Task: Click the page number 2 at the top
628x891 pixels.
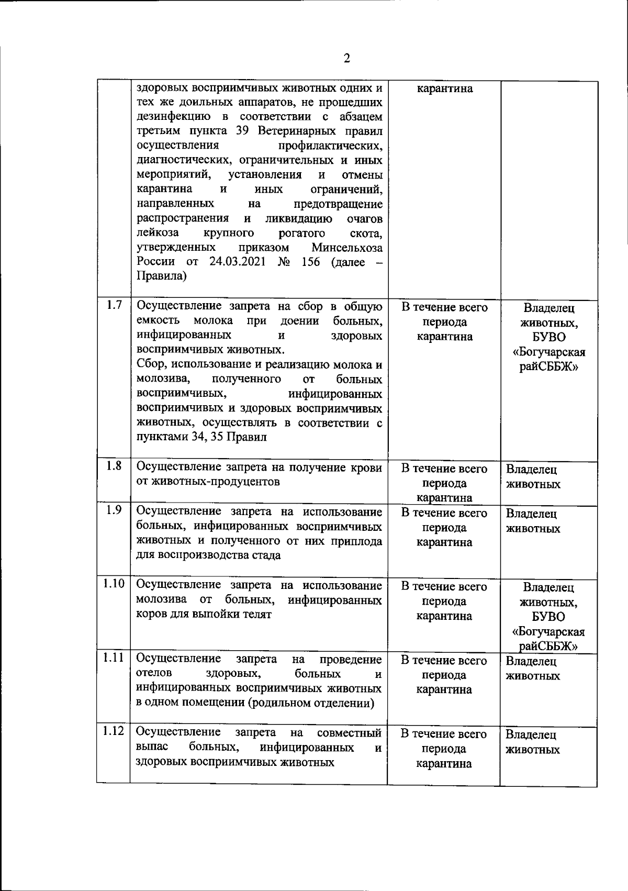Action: (346, 58)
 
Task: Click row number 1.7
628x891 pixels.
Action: (114, 305)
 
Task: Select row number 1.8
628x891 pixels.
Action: (114, 466)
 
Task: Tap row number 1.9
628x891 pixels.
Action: (114, 510)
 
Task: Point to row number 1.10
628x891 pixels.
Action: (114, 584)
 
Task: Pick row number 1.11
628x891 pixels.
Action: (114, 658)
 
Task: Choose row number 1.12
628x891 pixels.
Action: (114, 731)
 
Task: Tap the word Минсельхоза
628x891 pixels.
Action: (347, 248)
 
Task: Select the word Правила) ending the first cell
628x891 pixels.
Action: (161, 276)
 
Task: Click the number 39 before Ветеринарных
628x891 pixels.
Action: (242, 131)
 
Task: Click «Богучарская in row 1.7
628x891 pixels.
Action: (549, 352)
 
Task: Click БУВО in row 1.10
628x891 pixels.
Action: (549, 618)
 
